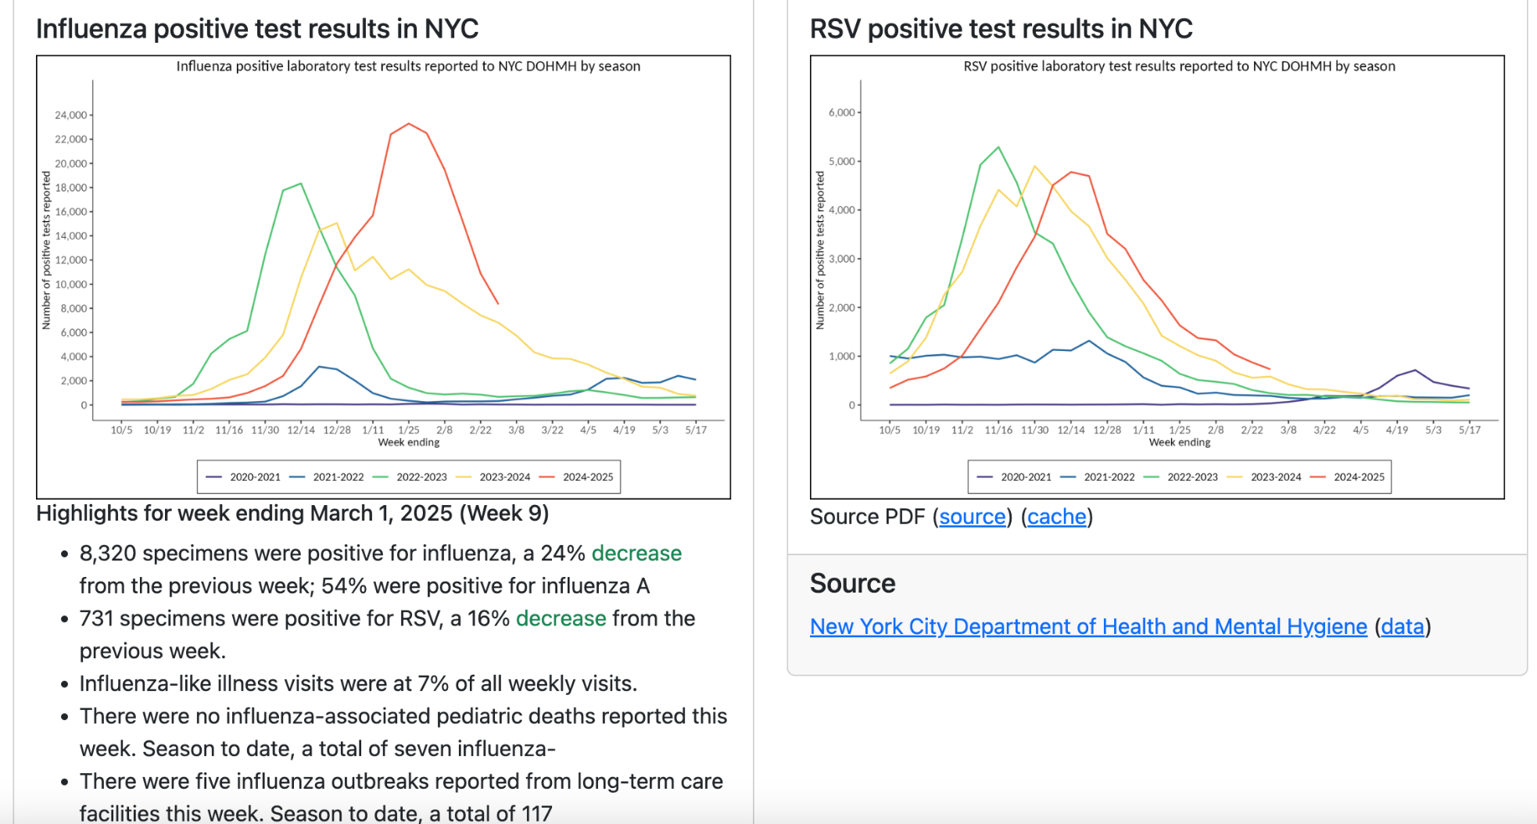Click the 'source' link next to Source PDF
tap(972, 517)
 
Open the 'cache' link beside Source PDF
tap(1056, 517)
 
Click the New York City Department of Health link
tap(1088, 627)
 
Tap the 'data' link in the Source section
tap(1403, 627)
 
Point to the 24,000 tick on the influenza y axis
tap(71, 115)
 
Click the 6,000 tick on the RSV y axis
tap(841, 113)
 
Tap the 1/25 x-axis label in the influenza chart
tap(409, 430)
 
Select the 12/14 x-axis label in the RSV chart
tap(1071, 430)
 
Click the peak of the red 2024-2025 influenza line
tap(409, 124)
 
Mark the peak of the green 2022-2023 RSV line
tap(998, 147)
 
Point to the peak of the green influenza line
tap(301, 184)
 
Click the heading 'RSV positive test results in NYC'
tap(1001, 29)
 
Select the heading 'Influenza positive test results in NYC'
tap(257, 29)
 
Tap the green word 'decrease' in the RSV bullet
tap(561, 618)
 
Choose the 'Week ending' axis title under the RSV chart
tap(1179, 442)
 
